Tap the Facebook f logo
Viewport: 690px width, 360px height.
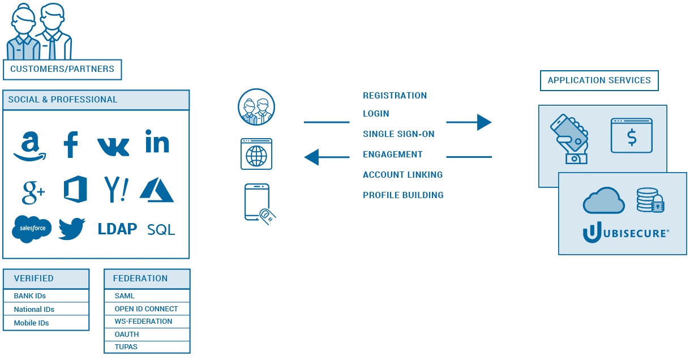click(70, 145)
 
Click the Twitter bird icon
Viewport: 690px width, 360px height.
click(72, 229)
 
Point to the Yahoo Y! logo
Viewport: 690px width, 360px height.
click(116, 189)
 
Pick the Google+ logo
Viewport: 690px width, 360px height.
click(33, 191)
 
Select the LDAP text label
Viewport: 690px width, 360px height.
click(117, 229)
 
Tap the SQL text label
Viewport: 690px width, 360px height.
click(161, 230)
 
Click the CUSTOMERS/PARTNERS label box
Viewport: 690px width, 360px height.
click(62, 70)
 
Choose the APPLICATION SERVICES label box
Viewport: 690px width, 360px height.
click(599, 80)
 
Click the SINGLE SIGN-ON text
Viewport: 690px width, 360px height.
click(398, 134)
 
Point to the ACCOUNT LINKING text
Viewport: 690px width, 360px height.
click(402, 175)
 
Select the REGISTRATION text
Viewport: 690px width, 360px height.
click(395, 96)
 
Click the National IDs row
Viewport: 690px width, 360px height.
click(46, 309)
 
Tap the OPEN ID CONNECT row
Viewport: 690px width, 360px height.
click(147, 309)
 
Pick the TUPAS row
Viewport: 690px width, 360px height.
click(147, 347)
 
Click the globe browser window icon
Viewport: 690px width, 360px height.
click(256, 154)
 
